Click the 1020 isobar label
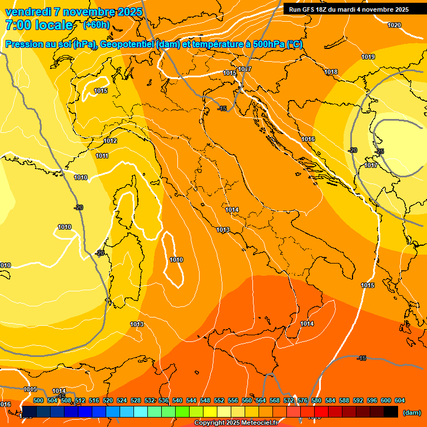tap(394, 25)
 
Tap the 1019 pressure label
tap(368, 57)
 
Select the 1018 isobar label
tap(331, 72)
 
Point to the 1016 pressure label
tap(308, 139)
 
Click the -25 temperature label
tap(379, 151)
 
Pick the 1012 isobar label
tap(110, 141)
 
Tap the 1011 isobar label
tap(102, 156)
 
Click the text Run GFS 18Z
tap(309, 9)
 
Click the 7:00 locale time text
tap(39, 25)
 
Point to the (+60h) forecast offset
tap(96, 25)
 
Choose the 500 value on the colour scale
tap(38, 400)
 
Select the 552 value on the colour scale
tap(219, 400)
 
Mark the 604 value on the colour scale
tap(400, 400)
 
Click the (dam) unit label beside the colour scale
tap(411, 413)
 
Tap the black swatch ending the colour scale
tap(391, 412)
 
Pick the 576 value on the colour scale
tap(302, 400)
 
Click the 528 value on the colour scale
tap(136, 400)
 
